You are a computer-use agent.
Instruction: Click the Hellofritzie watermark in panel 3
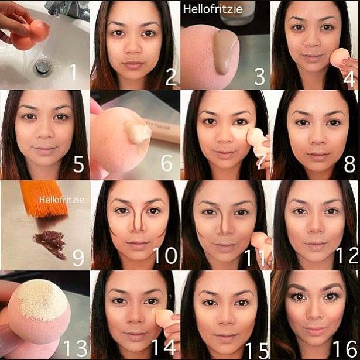point(212,9)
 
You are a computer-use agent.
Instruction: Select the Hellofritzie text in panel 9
point(61,200)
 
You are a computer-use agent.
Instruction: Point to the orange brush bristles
point(44,198)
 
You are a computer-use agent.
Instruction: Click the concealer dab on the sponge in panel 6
point(138,132)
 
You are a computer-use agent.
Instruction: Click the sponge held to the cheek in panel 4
point(340,58)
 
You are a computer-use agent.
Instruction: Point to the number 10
point(165,256)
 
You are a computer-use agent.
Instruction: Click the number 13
point(76,348)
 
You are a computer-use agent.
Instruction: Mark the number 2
point(171,77)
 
